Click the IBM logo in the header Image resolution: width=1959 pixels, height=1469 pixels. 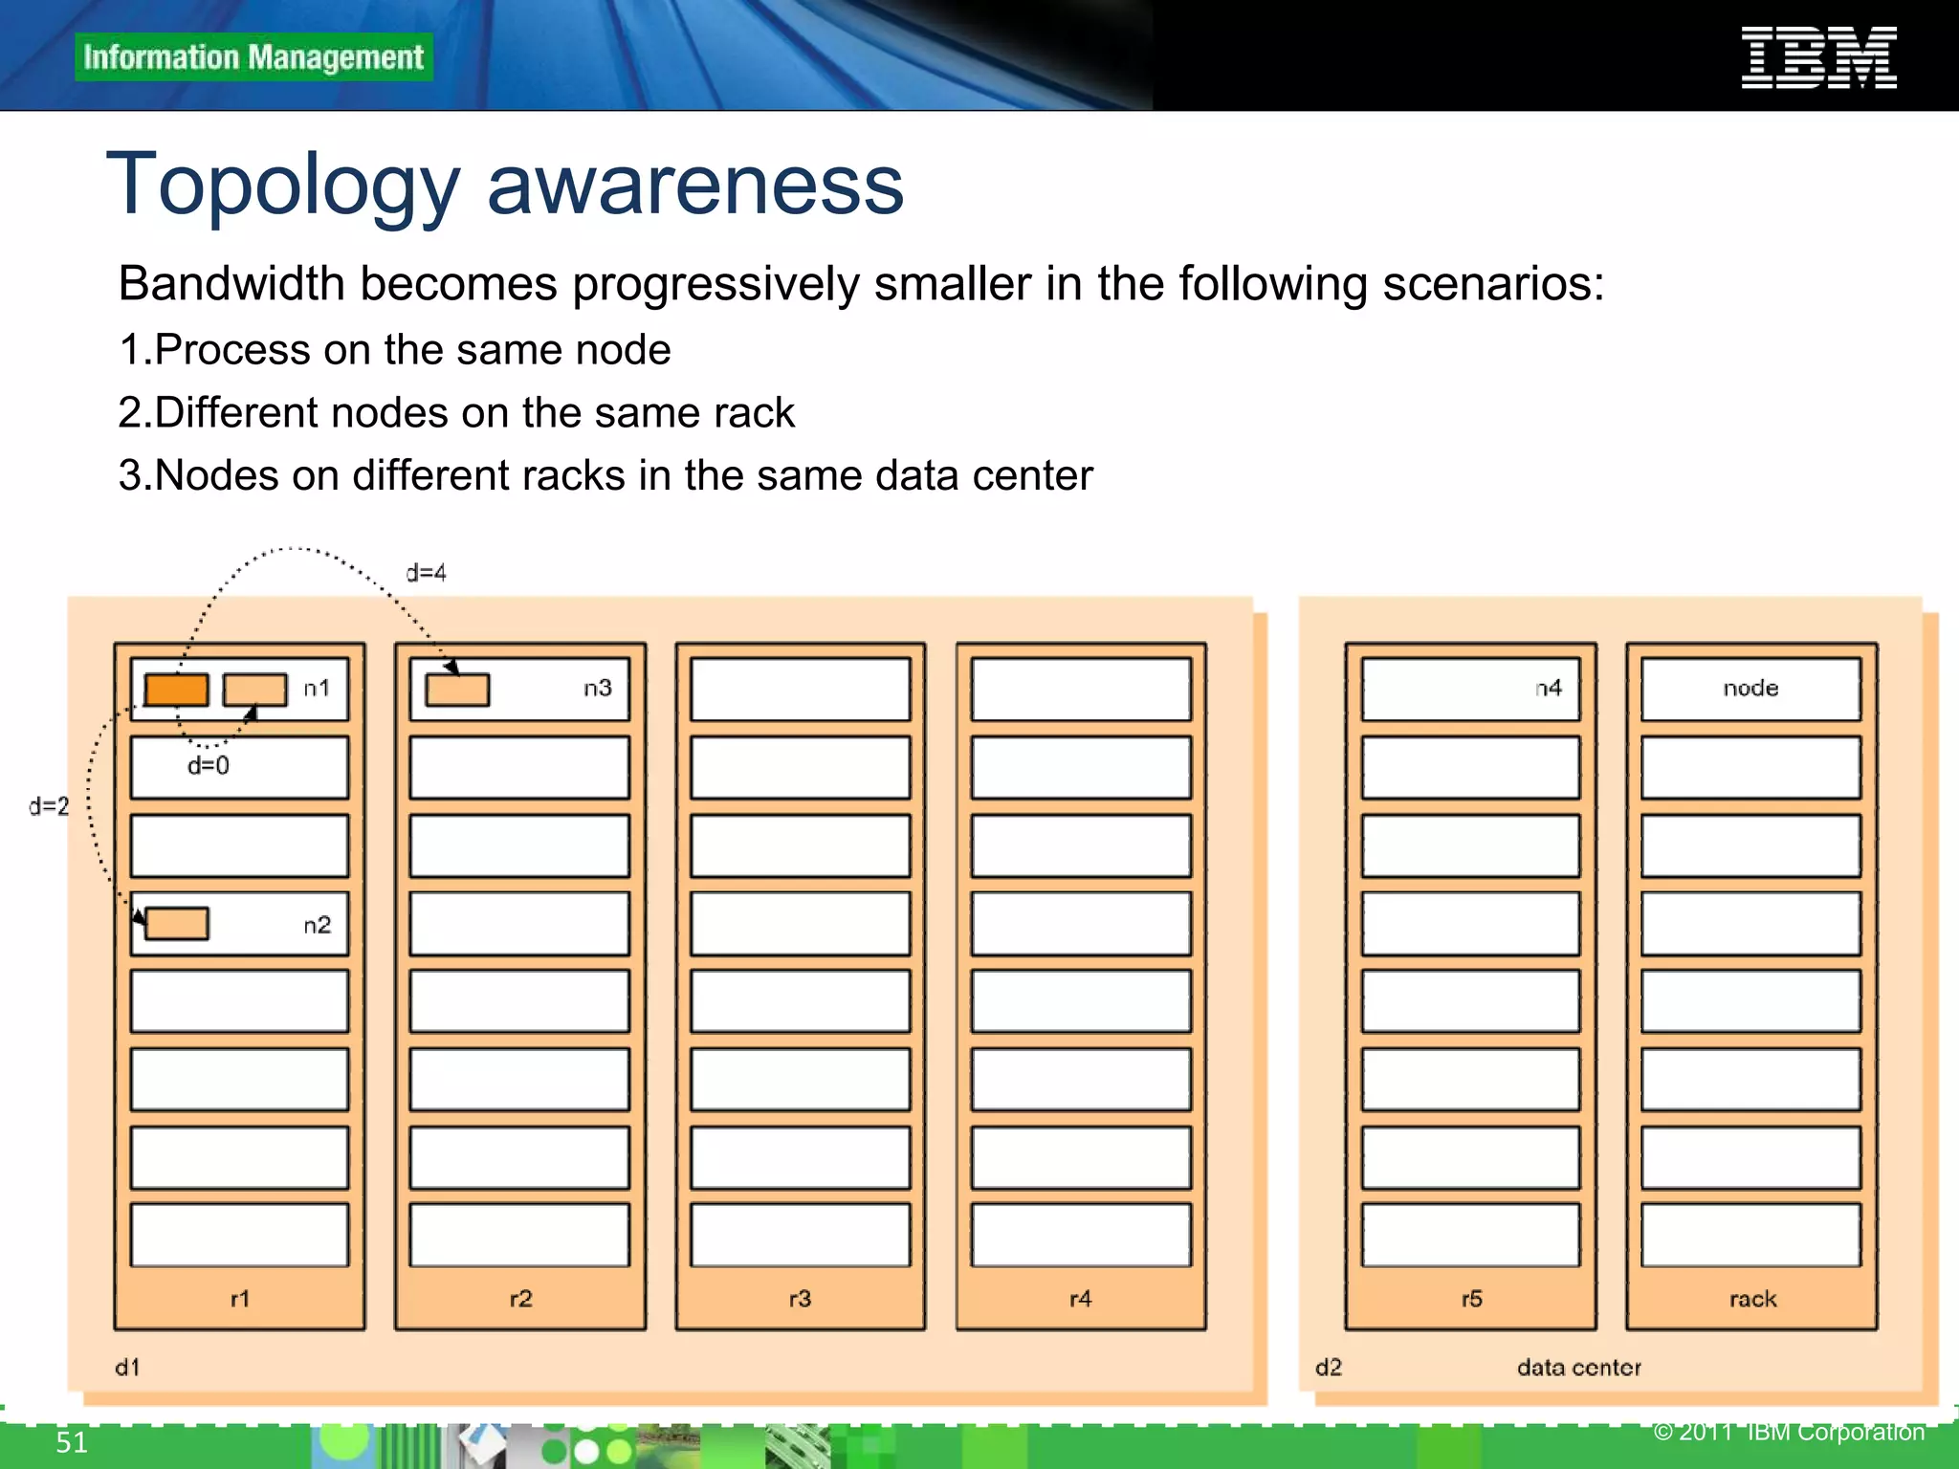(x=1818, y=58)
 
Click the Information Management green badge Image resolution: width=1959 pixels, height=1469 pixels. (x=253, y=57)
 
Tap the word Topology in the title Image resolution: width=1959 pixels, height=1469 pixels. (x=283, y=186)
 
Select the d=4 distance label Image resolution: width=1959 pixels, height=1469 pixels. (x=426, y=573)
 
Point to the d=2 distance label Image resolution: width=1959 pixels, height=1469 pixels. (x=49, y=806)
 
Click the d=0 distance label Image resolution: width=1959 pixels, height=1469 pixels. (x=208, y=765)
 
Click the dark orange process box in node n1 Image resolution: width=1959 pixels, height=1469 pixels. (x=177, y=690)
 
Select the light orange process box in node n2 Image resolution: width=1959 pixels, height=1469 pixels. (x=177, y=924)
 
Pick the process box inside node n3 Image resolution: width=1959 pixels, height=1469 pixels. (x=457, y=690)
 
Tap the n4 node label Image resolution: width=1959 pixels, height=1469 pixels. (x=1548, y=688)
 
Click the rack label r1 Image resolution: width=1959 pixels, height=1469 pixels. (x=239, y=1299)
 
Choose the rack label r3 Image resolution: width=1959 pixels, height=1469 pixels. (x=800, y=1299)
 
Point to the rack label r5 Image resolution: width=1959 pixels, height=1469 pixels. (x=1471, y=1299)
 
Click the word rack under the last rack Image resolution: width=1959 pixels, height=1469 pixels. (x=1752, y=1299)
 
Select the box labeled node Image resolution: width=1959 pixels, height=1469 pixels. (x=1750, y=689)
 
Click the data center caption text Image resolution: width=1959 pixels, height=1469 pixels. (x=1578, y=1368)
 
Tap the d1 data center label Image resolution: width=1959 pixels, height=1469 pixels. (x=127, y=1368)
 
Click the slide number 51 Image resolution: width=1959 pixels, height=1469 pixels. (x=72, y=1442)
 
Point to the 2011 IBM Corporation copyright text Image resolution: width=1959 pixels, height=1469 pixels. (x=1789, y=1432)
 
